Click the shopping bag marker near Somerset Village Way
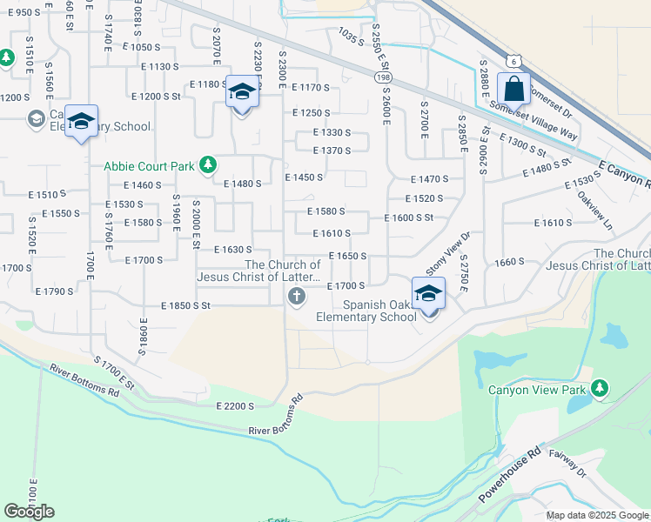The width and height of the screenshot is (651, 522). click(x=513, y=89)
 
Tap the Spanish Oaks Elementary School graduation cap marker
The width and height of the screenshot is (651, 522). click(x=428, y=294)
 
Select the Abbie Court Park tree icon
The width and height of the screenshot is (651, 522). click(x=207, y=164)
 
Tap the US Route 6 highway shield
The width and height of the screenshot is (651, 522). click(x=514, y=60)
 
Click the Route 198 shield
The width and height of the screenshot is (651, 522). click(x=384, y=78)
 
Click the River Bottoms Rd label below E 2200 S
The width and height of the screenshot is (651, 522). click(x=275, y=417)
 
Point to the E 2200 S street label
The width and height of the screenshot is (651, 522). click(x=235, y=405)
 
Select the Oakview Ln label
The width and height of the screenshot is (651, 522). click(x=594, y=210)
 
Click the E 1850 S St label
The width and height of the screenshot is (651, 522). click(x=186, y=306)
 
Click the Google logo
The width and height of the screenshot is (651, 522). click(x=29, y=512)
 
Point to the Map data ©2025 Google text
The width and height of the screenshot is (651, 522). click(x=597, y=515)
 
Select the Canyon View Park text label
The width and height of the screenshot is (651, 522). click(x=537, y=390)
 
